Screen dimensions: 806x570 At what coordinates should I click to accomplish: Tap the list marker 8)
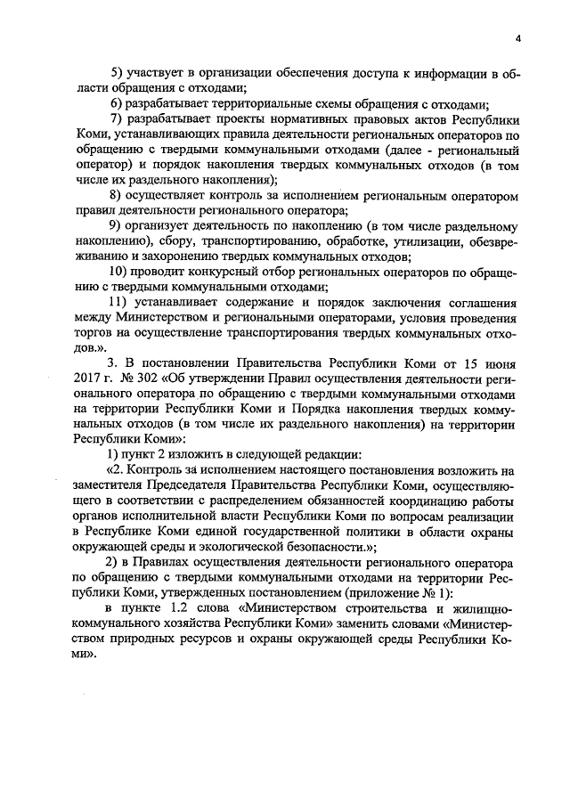(114, 195)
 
